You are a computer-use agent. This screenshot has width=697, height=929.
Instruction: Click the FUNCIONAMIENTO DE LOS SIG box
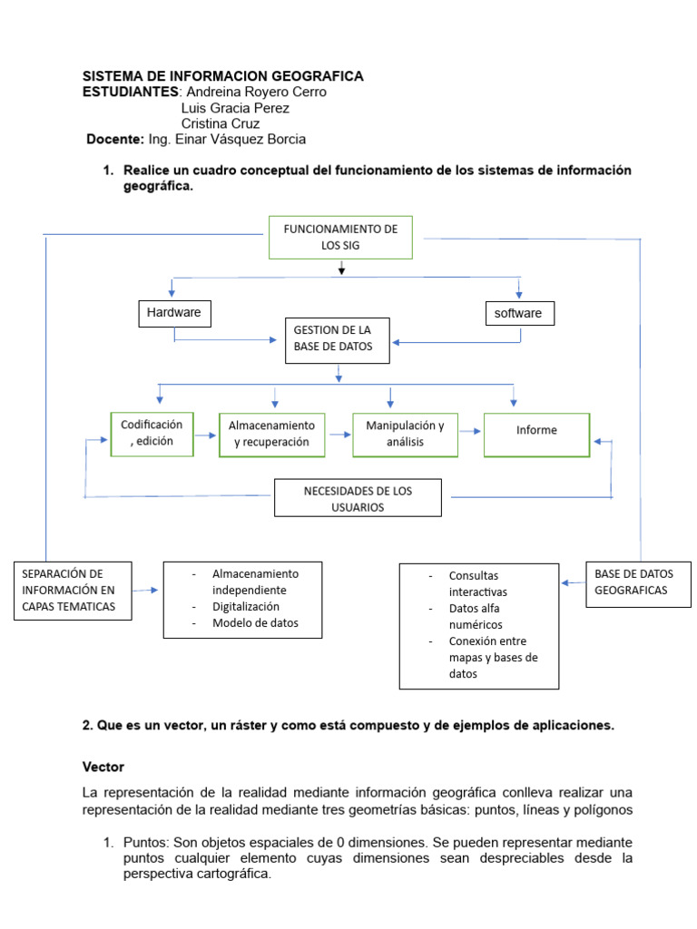(x=340, y=237)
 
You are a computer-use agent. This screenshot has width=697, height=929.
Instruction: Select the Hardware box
(x=174, y=314)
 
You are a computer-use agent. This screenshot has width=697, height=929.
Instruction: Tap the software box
(x=518, y=314)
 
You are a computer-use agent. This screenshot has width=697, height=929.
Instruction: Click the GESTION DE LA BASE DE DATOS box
(x=338, y=340)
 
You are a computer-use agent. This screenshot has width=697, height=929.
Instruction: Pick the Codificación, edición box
(x=152, y=433)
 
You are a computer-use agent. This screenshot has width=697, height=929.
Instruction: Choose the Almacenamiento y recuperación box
(x=271, y=434)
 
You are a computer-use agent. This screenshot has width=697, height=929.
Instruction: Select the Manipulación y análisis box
(x=405, y=434)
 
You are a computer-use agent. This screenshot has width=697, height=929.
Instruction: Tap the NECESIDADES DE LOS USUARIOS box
(x=358, y=499)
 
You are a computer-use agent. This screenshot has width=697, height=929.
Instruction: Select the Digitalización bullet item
(x=246, y=607)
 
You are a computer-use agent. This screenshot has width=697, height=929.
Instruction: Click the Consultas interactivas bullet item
(x=475, y=583)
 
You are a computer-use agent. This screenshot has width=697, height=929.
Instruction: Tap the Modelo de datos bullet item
(x=255, y=623)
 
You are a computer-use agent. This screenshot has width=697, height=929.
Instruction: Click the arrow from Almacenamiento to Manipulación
(x=339, y=435)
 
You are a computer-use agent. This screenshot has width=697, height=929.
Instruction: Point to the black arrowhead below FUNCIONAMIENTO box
(x=341, y=269)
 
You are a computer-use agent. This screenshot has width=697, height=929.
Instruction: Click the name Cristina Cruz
(x=221, y=123)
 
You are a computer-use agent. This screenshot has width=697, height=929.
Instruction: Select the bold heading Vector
(x=103, y=767)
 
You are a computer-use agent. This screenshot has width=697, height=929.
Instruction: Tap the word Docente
(x=115, y=140)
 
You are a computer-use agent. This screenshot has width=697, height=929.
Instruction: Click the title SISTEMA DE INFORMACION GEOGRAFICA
(x=223, y=76)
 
